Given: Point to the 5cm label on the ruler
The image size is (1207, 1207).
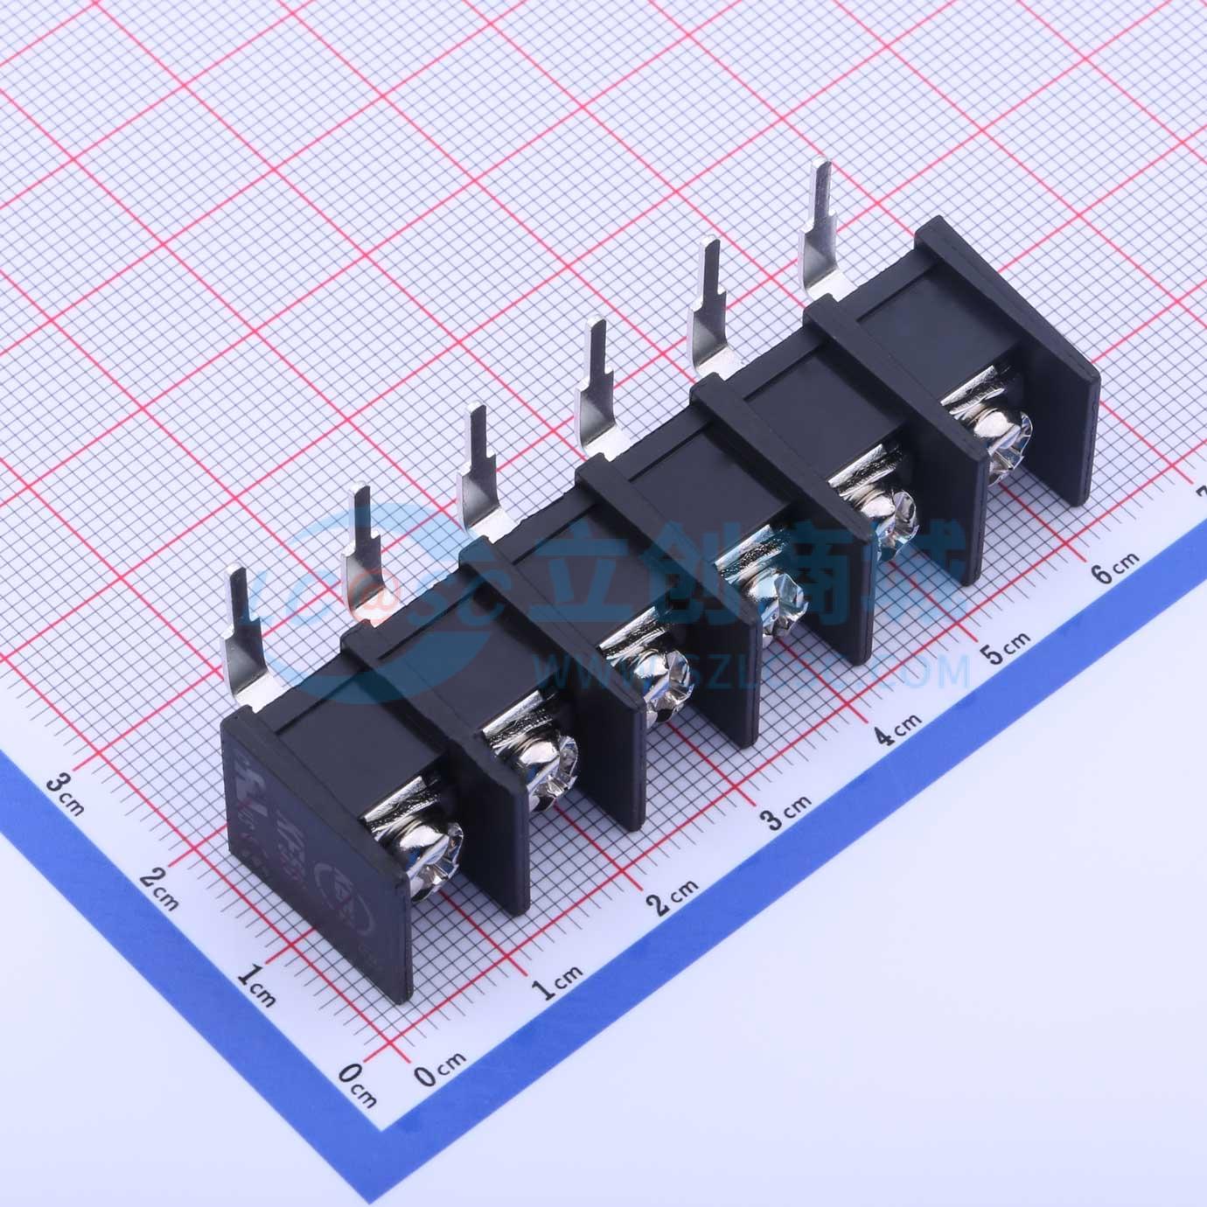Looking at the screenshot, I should click(1005, 648).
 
